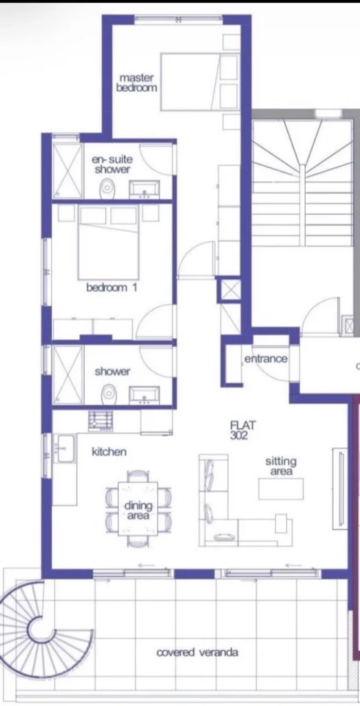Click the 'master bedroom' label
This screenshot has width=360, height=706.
pos(137,83)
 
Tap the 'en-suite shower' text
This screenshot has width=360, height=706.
pos(112,164)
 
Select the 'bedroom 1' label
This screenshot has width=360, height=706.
pos(111,288)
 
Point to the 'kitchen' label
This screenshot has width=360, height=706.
pos(109,452)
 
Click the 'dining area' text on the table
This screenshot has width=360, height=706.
pos(139,511)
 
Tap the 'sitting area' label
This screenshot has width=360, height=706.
pos(281,466)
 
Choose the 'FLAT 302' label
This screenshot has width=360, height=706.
pos(243,430)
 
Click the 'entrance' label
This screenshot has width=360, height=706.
pos(266,359)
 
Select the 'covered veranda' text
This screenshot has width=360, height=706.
pos(197,652)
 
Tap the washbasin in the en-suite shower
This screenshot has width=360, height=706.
pos(145,189)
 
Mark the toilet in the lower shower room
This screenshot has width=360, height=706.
pos(108,394)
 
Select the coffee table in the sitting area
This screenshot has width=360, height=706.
pos(281,489)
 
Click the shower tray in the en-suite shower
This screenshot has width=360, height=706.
pos(68,170)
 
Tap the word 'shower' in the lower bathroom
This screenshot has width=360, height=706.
pos(112,372)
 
